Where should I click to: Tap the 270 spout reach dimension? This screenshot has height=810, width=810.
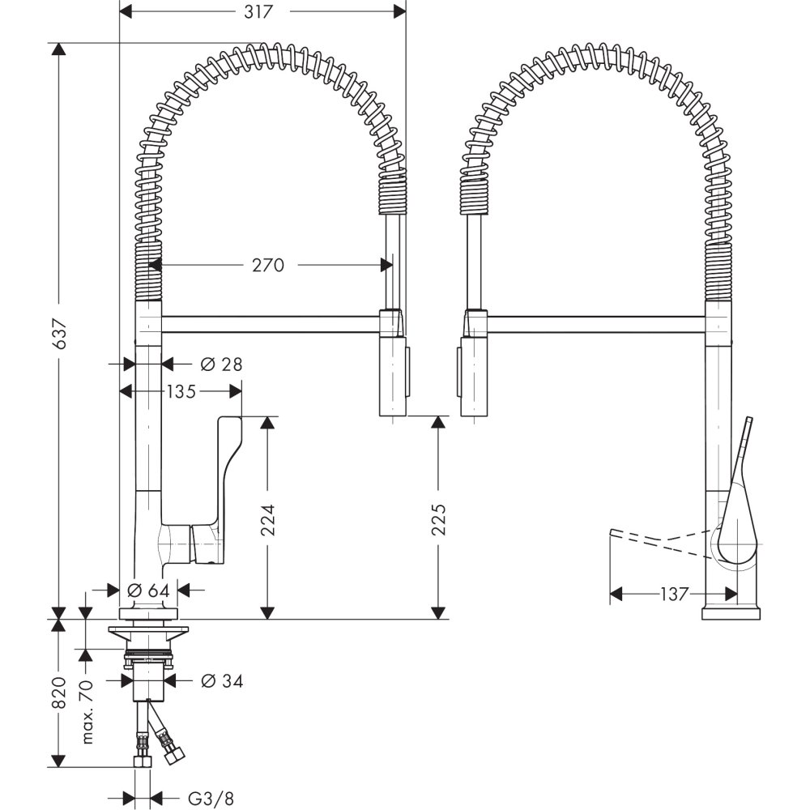(x=268, y=265)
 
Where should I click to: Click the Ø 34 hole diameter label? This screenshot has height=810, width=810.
(x=221, y=681)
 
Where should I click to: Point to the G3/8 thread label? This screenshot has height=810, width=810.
(x=206, y=798)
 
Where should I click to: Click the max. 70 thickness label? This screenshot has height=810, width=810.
(x=88, y=710)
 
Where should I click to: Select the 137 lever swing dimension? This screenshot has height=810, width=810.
(x=674, y=595)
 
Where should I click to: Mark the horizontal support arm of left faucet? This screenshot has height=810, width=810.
(x=271, y=324)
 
